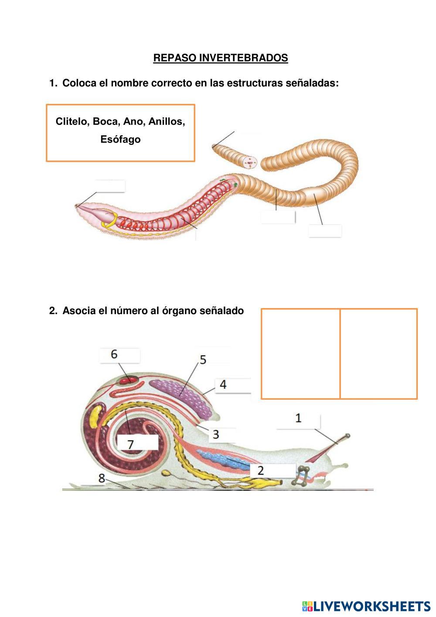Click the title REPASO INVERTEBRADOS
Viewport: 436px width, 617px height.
221,58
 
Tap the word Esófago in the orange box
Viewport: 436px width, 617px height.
120,139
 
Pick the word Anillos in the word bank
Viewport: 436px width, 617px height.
167,121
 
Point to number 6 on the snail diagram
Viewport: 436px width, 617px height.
114,354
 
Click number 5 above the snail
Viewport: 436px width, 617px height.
203,360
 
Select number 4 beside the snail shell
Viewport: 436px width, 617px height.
223,384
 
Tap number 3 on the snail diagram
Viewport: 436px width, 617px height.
216,434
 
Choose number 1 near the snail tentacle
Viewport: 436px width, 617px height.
298,418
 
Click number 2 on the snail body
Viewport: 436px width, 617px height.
260,470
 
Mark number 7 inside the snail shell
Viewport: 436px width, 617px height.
130,444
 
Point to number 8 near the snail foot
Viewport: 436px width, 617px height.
102,478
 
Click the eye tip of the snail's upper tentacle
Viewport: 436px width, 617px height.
347,436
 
